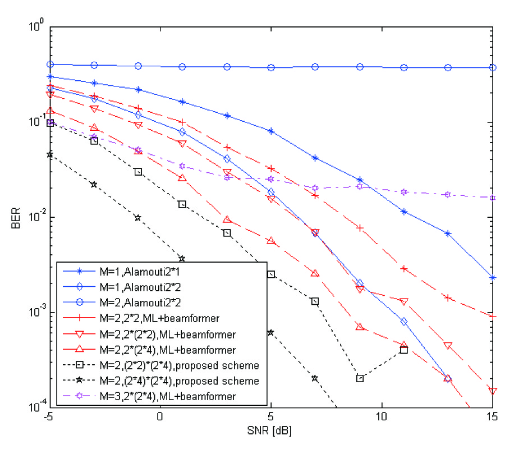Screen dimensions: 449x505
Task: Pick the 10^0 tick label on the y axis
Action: (35, 26)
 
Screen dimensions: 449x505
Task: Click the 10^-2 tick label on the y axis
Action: (35, 217)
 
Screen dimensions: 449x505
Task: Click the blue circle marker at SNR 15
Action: (493, 67)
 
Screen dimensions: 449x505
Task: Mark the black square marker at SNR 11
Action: (404, 350)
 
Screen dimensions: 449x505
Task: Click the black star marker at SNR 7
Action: (315, 378)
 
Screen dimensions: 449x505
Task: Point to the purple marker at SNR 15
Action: (493, 198)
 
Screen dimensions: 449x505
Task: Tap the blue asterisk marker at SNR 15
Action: (493, 278)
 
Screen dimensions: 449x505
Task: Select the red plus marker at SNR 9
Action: (360, 228)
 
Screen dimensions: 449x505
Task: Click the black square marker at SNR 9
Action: (360, 378)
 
